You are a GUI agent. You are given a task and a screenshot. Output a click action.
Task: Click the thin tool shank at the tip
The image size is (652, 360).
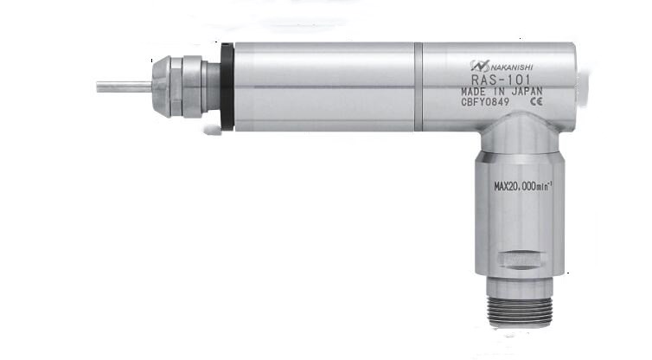coord(124,87)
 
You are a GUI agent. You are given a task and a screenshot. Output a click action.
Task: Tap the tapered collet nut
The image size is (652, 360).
coord(162,87)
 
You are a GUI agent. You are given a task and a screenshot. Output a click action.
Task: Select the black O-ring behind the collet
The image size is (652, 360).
coord(227,87)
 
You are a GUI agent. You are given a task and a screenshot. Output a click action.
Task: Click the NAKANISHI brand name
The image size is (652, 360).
coord(512,67)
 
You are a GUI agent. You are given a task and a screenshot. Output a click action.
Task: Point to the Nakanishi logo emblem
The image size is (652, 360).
coord(480,66)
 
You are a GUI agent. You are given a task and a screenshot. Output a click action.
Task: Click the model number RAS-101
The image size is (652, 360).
coord(501,79)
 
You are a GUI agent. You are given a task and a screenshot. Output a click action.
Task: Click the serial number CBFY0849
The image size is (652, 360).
coord(485,102)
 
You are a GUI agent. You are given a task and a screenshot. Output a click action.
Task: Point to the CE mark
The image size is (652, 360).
coord(536,101)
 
